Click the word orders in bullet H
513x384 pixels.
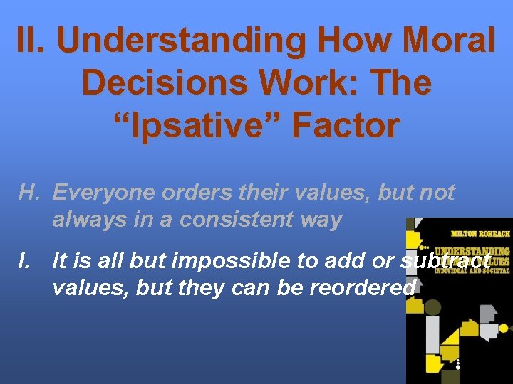[188, 192]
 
